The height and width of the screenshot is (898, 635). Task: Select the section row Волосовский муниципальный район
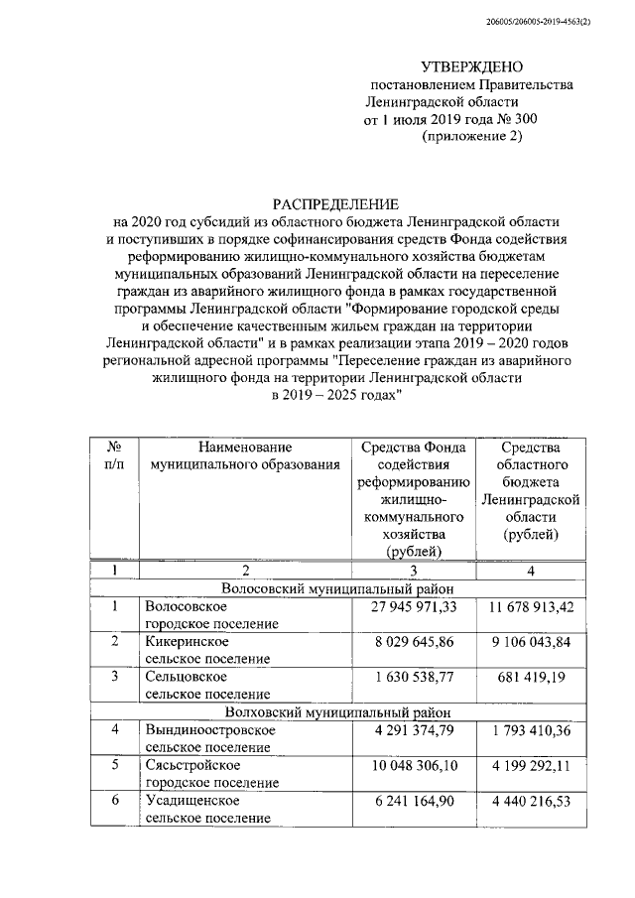pyautogui.click(x=336, y=587)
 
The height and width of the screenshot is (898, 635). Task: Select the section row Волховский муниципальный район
pyautogui.click(x=336, y=711)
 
